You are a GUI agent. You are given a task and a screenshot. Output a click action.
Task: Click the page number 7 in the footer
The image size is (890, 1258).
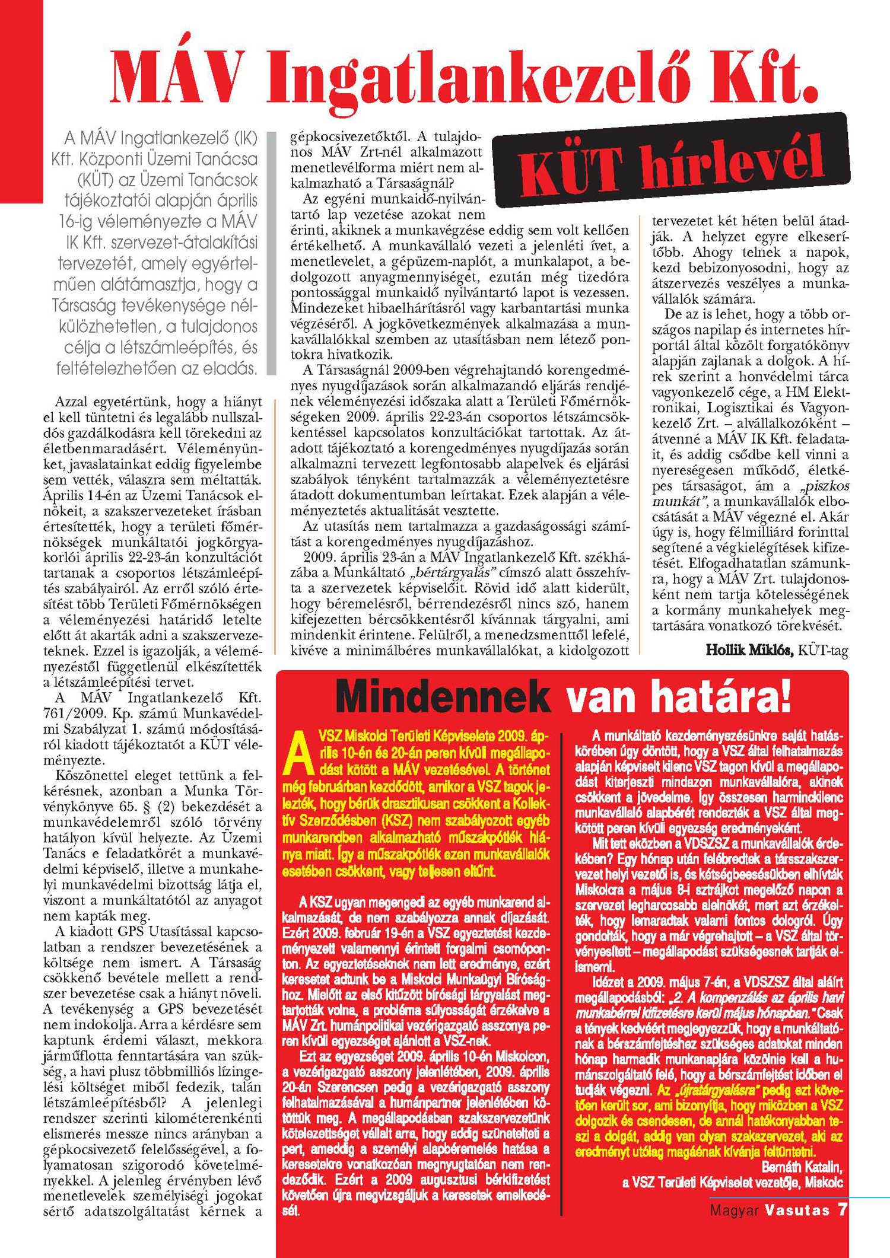[841, 1208]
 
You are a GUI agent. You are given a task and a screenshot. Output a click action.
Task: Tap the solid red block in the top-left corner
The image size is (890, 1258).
[21, 101]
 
